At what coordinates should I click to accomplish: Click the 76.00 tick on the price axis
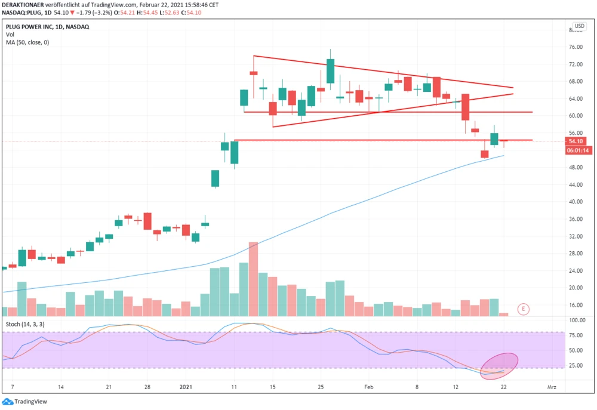coord(576,47)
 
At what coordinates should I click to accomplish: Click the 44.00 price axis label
coord(576,185)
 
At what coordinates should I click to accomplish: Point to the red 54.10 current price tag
coord(576,141)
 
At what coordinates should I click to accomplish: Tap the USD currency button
coord(578,27)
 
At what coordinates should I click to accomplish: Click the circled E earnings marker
coord(524,309)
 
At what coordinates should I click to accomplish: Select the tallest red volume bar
coord(253,279)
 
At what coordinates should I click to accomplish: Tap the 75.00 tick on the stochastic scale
coord(577,335)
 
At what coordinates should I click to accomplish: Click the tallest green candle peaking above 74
coord(330,70)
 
